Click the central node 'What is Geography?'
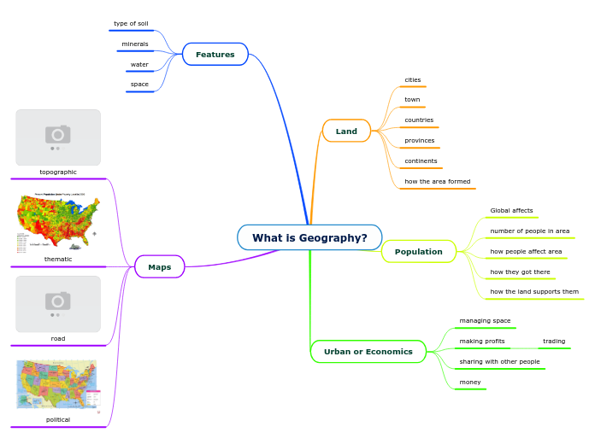pos(309,237)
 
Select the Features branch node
pos(215,55)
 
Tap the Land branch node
pos(346,131)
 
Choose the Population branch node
pos(419,252)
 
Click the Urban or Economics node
pos(368,352)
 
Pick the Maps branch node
pos(160,267)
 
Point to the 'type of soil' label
pos(131,24)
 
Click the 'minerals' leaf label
pos(135,44)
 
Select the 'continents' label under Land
pos(421,161)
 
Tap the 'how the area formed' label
pos(438,182)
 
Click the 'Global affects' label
pos(511,211)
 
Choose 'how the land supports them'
pos(534,292)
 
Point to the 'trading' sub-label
pos(554,342)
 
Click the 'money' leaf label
pos(470,383)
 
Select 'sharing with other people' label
pos(499,362)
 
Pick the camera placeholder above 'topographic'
pos(58,137)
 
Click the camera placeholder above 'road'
pos(58,303)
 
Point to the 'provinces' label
pos(420,141)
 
